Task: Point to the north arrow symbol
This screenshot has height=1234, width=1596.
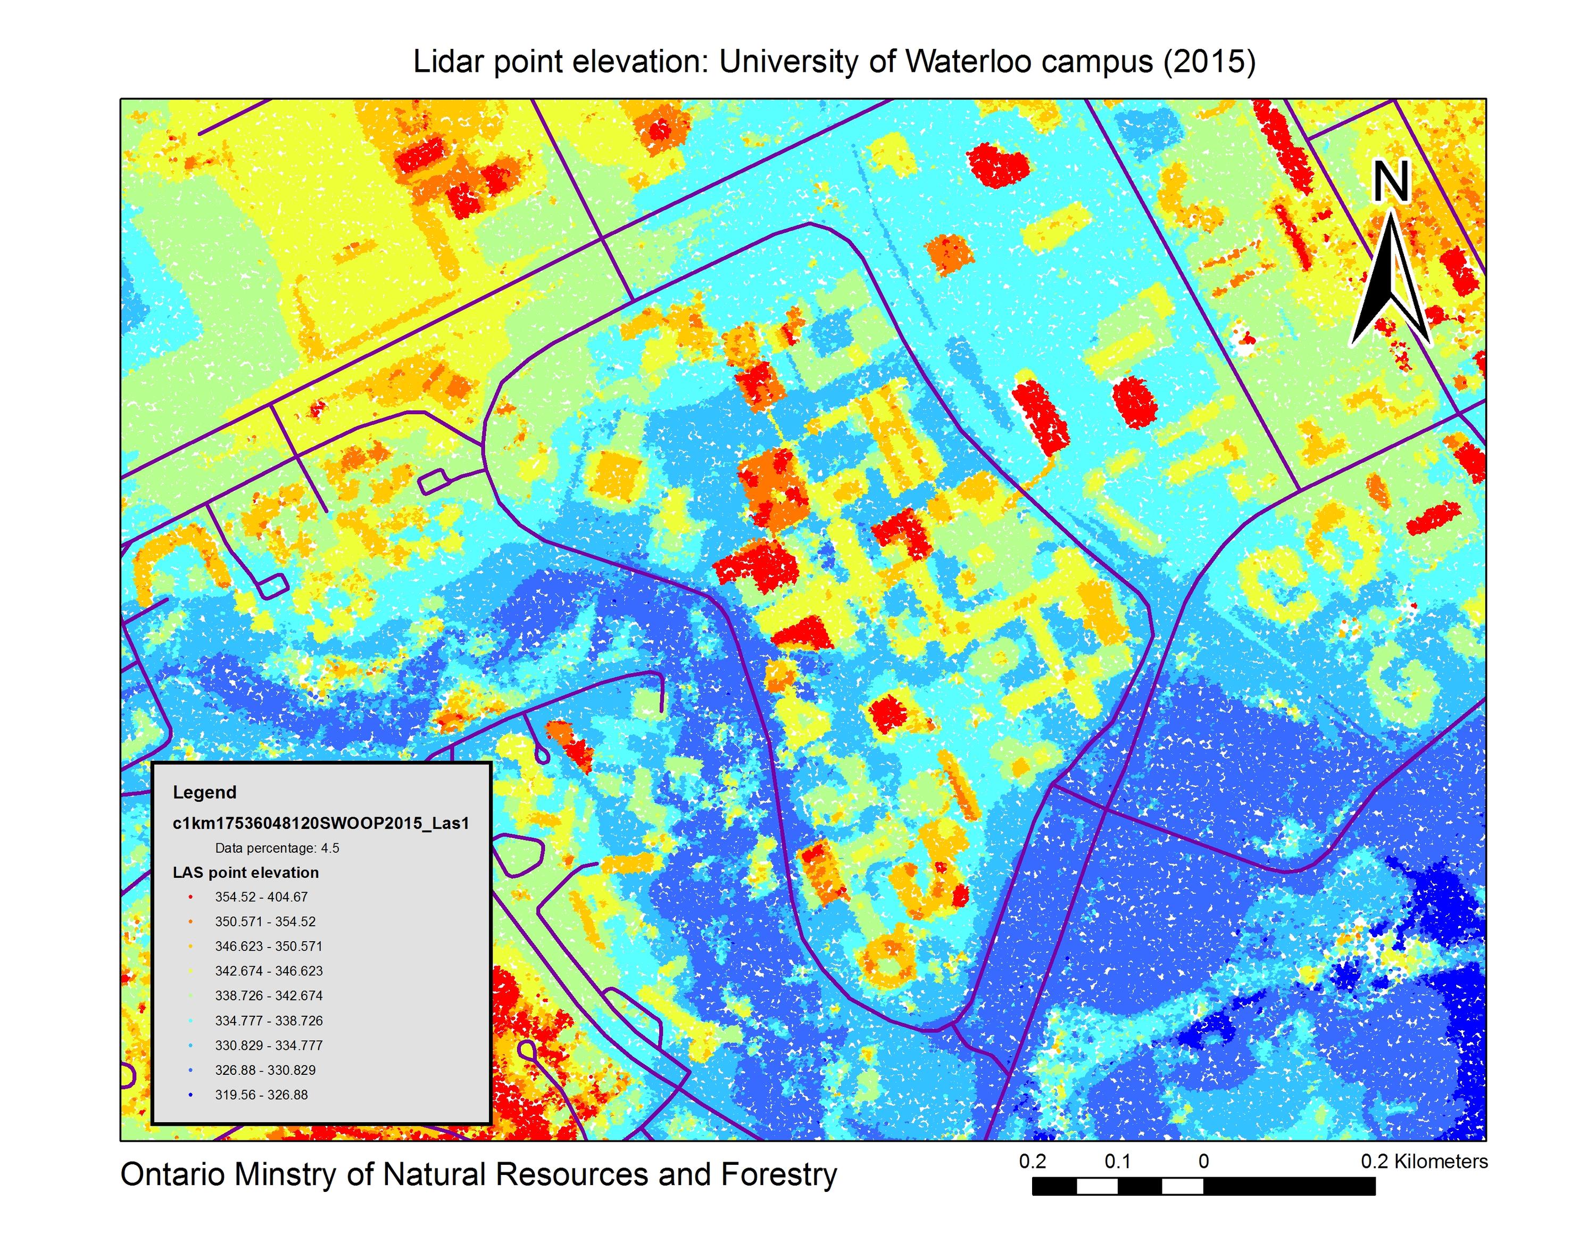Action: pyautogui.click(x=1391, y=282)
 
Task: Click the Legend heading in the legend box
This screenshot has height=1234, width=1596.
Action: pyautogui.click(x=205, y=793)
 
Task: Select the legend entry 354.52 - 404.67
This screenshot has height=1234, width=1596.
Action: pyautogui.click(x=261, y=897)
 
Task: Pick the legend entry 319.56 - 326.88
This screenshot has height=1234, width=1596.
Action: pyautogui.click(x=261, y=1095)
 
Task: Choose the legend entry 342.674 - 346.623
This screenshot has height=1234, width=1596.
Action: pyautogui.click(x=268, y=971)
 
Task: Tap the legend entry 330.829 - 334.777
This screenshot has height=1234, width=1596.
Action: pyautogui.click(x=268, y=1046)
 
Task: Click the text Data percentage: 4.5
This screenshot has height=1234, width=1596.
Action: pyautogui.click(x=277, y=848)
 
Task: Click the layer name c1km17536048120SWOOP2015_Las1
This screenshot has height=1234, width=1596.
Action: pyautogui.click(x=321, y=823)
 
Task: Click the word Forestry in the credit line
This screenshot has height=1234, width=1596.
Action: pyautogui.click(x=778, y=1175)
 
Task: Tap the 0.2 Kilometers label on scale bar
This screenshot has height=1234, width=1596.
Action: pyautogui.click(x=1424, y=1162)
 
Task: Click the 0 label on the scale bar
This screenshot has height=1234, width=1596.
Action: pyautogui.click(x=1203, y=1162)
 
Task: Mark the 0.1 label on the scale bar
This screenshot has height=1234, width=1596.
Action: pyautogui.click(x=1117, y=1162)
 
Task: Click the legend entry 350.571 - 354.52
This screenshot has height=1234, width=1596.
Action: pyautogui.click(x=264, y=922)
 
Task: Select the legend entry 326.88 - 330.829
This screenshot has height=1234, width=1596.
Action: pyautogui.click(x=264, y=1070)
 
